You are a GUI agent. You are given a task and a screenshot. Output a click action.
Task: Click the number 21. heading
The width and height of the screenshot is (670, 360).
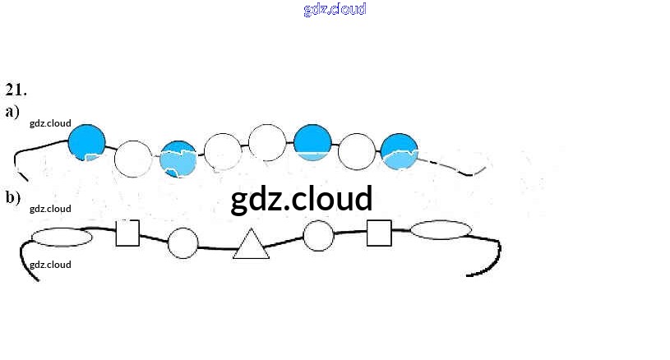(16, 89)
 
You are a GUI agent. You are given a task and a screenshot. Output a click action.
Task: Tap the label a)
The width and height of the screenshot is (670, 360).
(12, 111)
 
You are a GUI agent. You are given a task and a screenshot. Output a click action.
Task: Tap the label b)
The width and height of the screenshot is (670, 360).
(12, 197)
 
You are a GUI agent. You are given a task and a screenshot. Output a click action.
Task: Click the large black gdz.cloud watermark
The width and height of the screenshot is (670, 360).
(302, 199)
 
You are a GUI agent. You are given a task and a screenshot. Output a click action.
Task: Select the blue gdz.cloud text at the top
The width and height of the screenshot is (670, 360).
(335, 9)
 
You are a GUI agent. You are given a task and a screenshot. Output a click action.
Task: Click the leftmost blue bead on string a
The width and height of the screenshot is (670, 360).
(86, 142)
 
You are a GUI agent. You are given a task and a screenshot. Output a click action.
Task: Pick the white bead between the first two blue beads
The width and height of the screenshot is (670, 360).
(132, 159)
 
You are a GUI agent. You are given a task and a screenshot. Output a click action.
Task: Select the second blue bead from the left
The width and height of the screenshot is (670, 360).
(178, 159)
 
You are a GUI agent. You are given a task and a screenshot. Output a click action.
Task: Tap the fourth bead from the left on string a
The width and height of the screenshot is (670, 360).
(223, 151)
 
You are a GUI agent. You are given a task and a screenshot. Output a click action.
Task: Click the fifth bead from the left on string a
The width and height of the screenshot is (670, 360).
(267, 142)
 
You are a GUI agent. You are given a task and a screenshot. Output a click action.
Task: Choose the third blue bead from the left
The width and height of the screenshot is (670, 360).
(312, 144)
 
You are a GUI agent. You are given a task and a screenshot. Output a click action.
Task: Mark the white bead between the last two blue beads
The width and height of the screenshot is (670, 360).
(357, 151)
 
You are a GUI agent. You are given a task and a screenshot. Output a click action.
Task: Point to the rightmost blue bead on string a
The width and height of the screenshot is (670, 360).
(400, 152)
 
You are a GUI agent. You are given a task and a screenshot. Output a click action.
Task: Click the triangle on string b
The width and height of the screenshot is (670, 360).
(252, 244)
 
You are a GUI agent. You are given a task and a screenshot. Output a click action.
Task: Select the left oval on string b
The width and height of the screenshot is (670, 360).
(62, 238)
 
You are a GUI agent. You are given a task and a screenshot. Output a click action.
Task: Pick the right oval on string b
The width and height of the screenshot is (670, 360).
(441, 229)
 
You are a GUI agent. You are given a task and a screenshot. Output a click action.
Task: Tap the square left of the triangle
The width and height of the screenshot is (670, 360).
(127, 233)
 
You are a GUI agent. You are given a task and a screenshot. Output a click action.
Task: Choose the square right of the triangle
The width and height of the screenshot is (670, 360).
(378, 233)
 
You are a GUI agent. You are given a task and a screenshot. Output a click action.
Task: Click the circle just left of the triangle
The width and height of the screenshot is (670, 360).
(183, 243)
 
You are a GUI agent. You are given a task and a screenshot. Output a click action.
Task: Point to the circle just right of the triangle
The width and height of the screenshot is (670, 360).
(318, 236)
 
